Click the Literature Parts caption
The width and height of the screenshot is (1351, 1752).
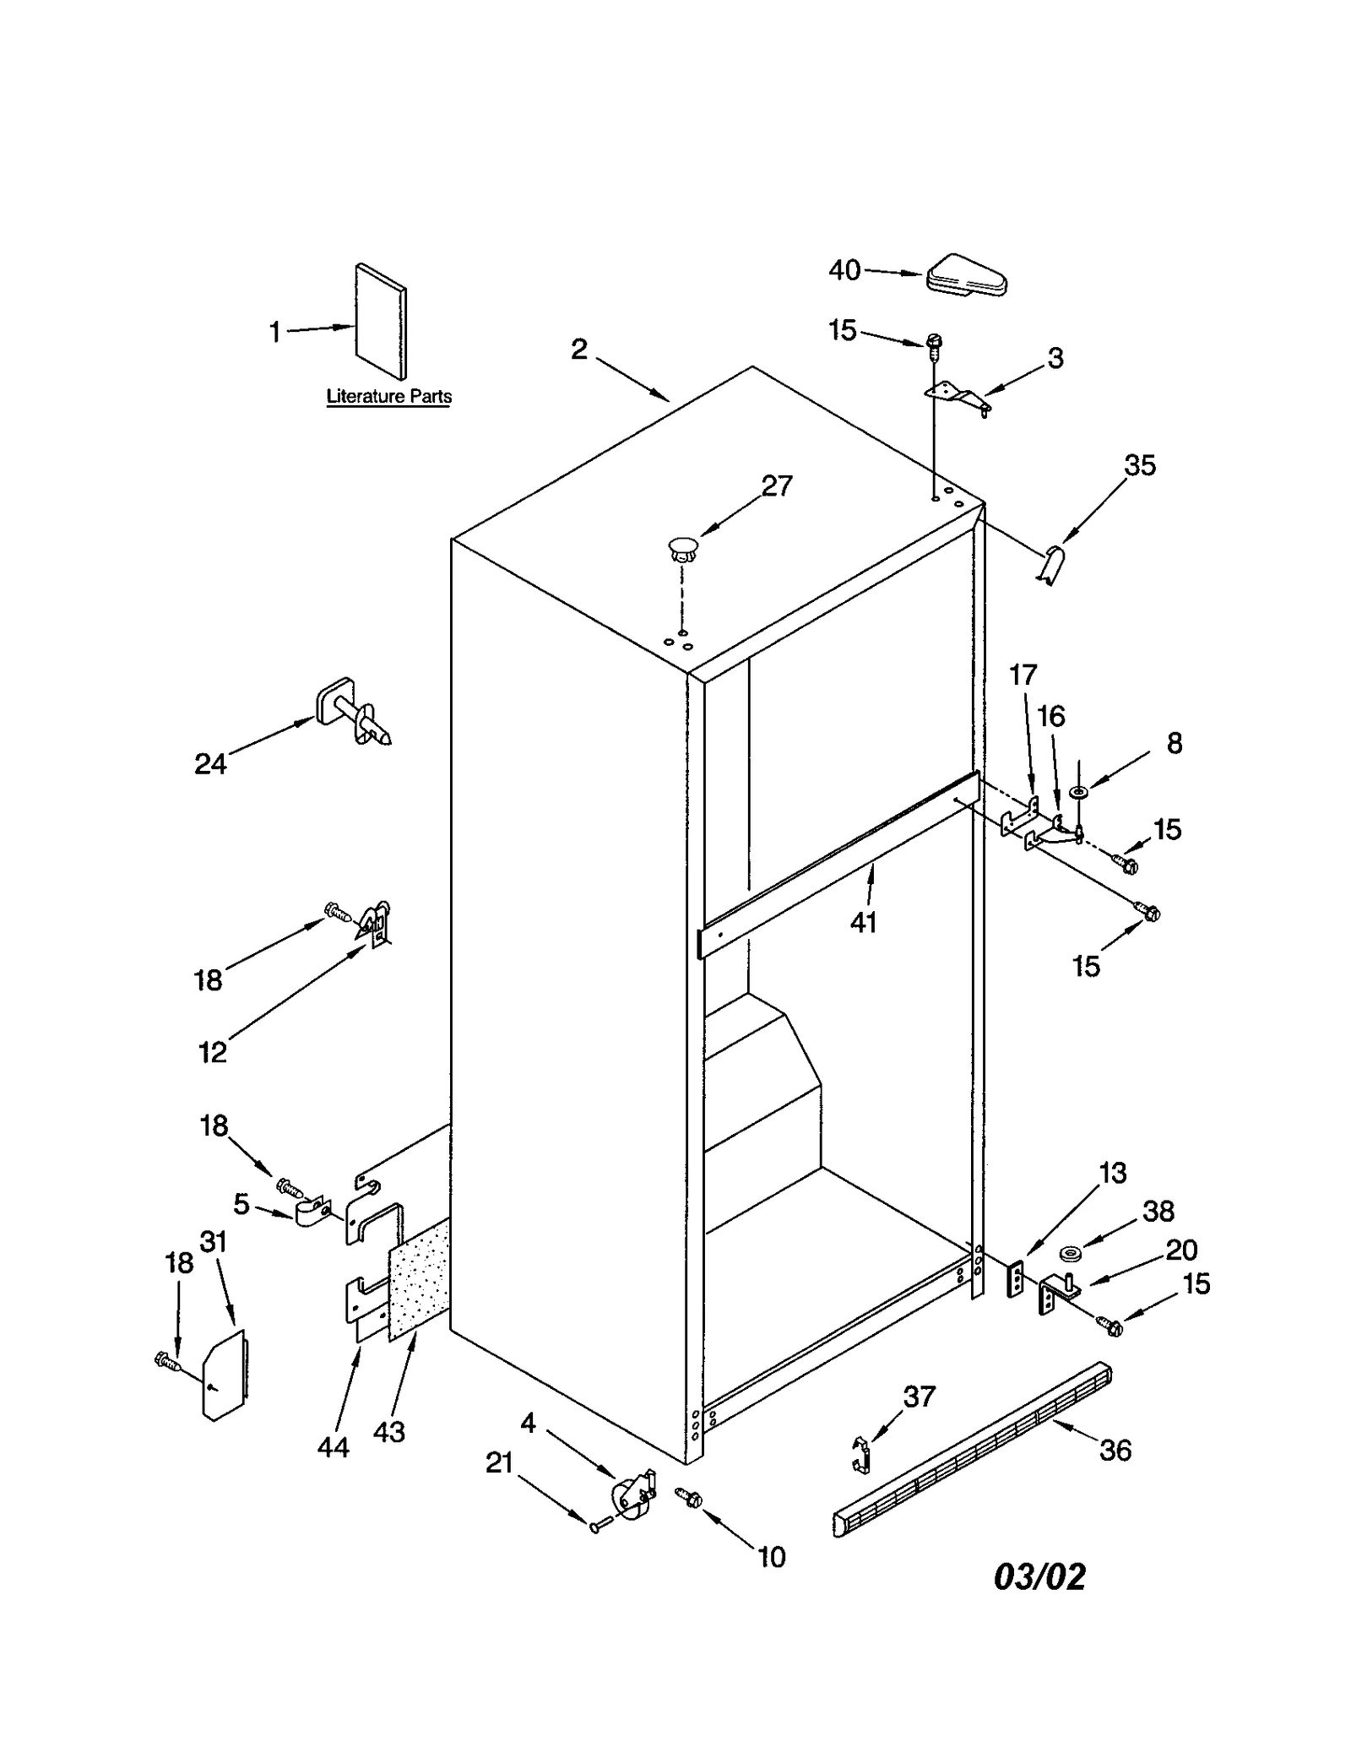pos(388,396)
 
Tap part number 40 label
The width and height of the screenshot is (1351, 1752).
pos(844,270)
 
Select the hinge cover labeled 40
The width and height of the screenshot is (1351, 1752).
pos(967,276)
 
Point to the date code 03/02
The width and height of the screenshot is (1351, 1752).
pos(1039,1576)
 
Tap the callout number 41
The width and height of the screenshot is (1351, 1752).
pos(863,923)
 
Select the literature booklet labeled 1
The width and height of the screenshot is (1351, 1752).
pos(381,322)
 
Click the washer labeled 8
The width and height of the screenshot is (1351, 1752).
pos(1078,792)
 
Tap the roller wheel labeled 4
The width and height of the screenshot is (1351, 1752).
pos(632,1496)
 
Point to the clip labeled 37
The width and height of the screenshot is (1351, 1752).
pos(860,1454)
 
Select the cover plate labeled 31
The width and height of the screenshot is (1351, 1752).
pos(224,1376)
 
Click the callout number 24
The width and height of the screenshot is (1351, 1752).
pos(210,764)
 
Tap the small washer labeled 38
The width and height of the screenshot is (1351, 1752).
pos(1071,1250)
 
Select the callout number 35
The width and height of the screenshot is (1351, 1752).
pos(1139,465)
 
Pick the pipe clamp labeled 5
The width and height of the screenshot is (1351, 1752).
pos(314,1213)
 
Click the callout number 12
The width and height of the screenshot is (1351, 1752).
pos(212,1052)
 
